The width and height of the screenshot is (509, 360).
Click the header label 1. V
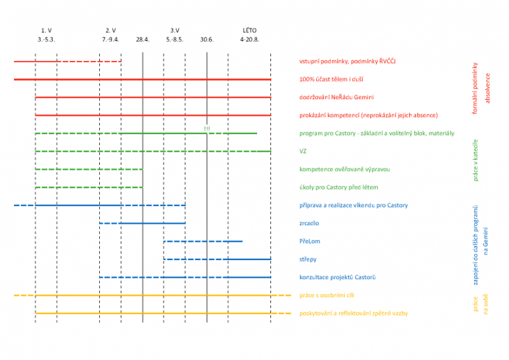pos(46,30)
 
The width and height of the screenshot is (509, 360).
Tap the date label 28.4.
pos(143,39)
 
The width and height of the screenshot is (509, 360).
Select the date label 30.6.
pos(207,39)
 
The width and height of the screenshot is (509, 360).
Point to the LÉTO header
pos(250,30)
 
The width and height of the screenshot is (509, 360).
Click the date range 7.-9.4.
pos(111,39)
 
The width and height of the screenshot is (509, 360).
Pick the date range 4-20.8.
pos(250,39)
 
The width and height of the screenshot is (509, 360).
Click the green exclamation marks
pos(207,129)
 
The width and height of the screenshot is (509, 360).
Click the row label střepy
pos(309,260)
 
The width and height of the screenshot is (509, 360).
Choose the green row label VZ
pos(303,151)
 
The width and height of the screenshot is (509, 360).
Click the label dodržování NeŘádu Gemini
pos(337,97)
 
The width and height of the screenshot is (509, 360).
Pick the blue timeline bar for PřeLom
pos(203,241)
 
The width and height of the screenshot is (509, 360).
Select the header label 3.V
pos(174,30)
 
